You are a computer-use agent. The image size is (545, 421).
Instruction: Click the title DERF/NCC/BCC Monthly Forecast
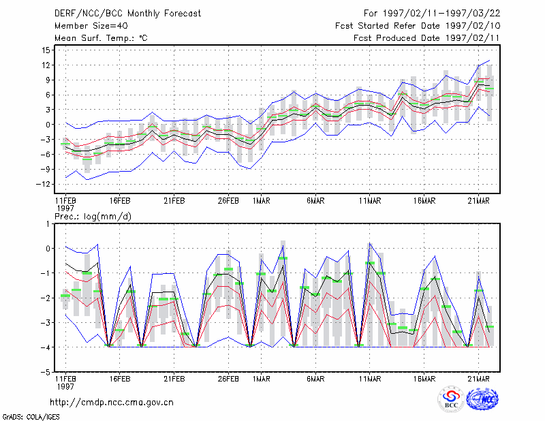127,14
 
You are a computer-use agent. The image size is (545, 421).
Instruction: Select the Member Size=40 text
91,26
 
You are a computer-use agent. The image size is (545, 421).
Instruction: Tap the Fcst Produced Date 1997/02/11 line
426,38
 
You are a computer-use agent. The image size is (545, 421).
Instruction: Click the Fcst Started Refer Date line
418,26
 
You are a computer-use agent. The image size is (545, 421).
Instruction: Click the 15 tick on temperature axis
46,50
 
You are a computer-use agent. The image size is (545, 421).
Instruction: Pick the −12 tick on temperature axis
44,184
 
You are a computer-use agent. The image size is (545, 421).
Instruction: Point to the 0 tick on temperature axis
48,125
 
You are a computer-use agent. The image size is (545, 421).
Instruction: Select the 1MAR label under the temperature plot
262,201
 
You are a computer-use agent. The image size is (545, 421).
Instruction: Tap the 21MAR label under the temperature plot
478,201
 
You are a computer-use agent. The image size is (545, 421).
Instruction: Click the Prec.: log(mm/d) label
93,217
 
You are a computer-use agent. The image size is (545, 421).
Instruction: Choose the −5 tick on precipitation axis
46,372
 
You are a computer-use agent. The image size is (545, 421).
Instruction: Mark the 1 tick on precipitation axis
48,224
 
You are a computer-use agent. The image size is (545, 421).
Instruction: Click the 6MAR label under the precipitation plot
315,379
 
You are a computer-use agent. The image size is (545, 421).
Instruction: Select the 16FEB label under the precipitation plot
120,379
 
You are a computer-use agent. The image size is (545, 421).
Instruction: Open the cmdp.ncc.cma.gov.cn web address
112,403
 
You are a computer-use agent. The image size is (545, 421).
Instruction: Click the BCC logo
451,399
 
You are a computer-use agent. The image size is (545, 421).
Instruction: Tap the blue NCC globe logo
482,399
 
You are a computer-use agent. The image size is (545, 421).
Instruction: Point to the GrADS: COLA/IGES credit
31,417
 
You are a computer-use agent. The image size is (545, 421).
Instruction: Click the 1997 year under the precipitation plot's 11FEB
65,386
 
